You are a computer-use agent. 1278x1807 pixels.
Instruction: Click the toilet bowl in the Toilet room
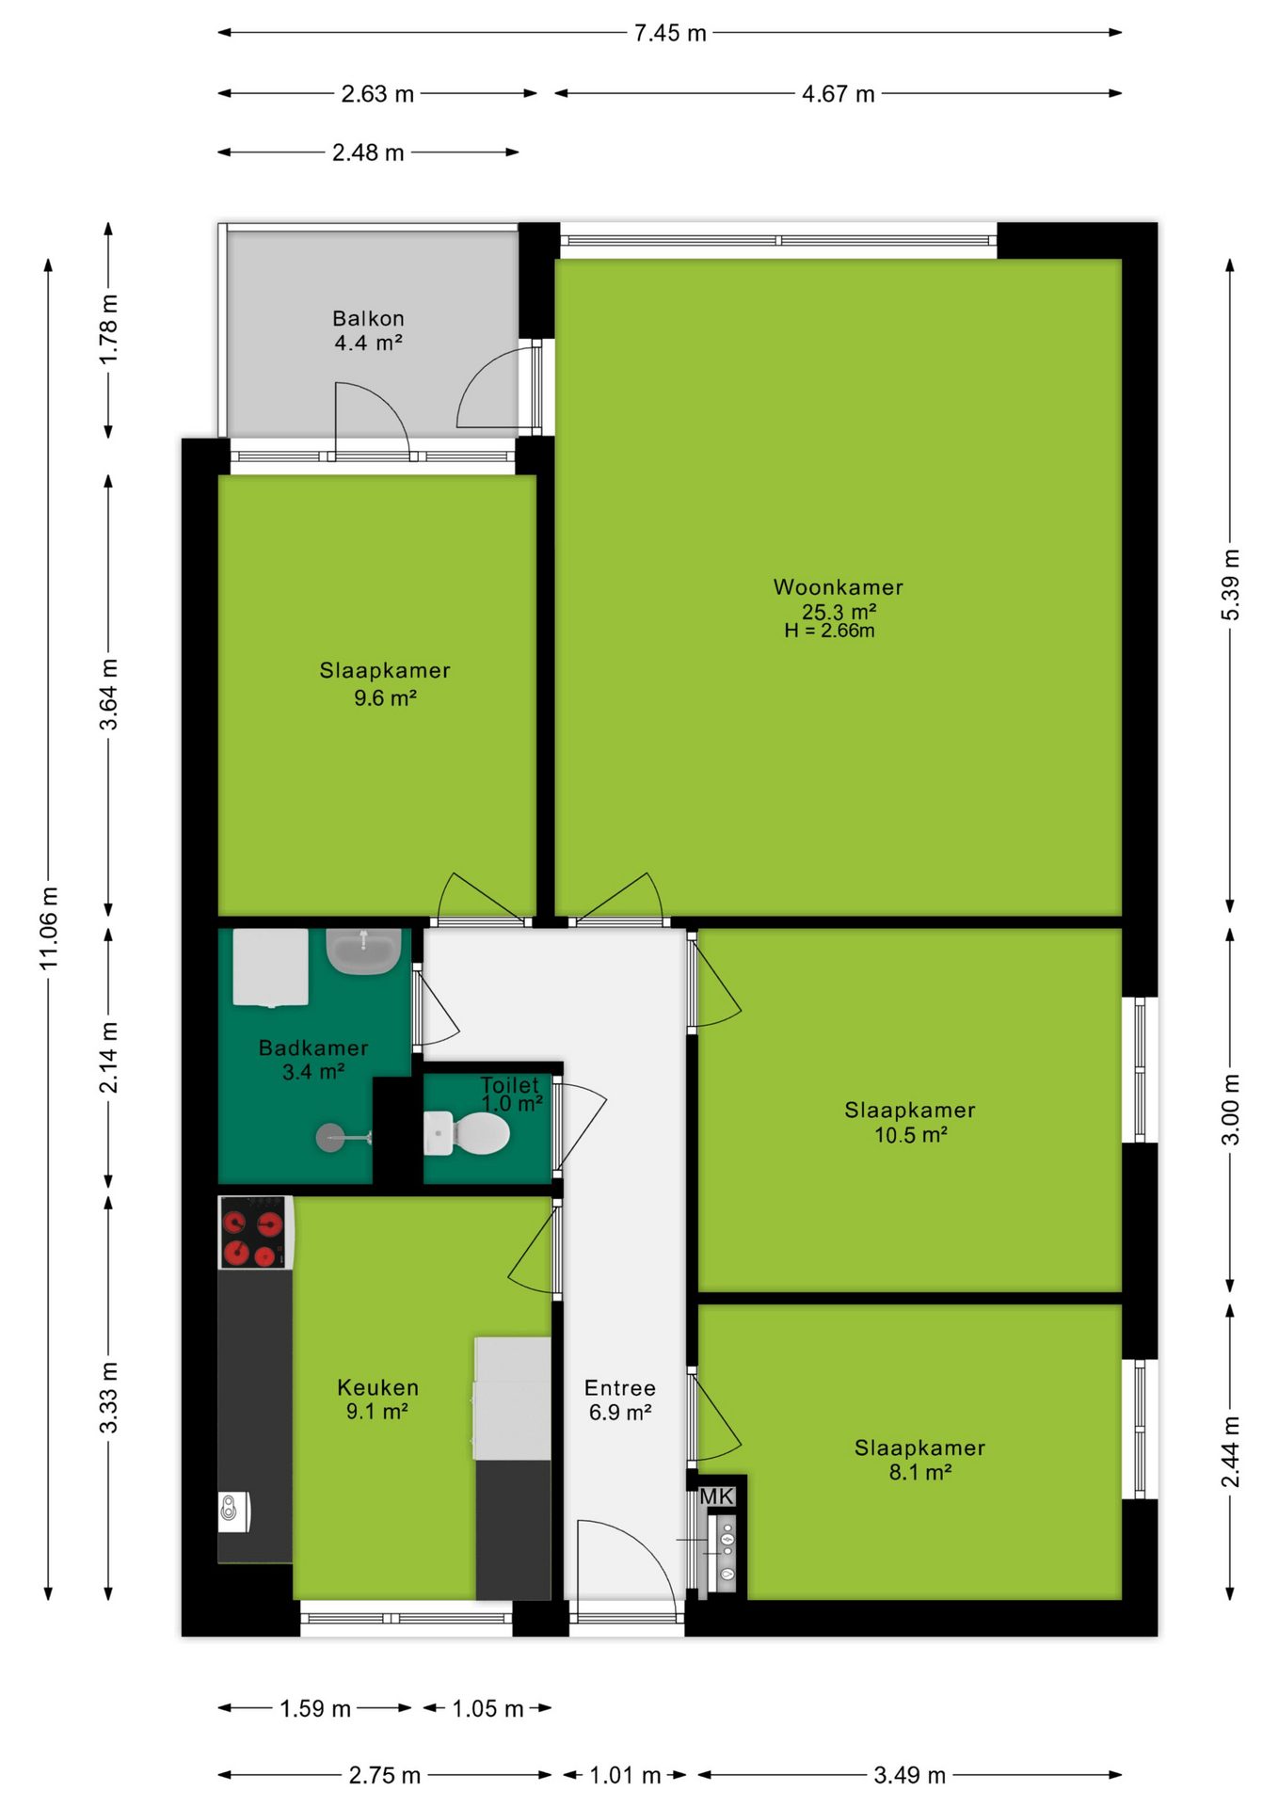click(468, 1133)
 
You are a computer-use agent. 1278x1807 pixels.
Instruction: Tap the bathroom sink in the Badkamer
click(363, 951)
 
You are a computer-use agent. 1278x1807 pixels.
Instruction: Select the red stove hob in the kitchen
click(255, 1233)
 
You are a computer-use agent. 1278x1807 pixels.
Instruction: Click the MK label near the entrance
click(716, 1496)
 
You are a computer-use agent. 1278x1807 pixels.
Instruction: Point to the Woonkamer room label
click(838, 587)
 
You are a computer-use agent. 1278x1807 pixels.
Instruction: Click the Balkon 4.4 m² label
click(369, 330)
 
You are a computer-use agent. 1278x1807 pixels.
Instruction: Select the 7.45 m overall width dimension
click(670, 33)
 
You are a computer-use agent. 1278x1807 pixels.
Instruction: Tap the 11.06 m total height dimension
click(49, 928)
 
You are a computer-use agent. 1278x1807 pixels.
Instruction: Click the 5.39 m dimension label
click(1230, 584)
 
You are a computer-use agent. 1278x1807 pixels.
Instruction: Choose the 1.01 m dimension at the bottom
click(625, 1775)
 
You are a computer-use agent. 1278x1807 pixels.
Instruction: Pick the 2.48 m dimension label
click(368, 152)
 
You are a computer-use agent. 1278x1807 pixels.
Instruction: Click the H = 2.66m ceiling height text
click(829, 631)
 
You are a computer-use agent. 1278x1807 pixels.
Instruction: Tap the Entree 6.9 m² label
click(620, 1399)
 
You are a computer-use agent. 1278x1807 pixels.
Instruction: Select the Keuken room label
click(377, 1387)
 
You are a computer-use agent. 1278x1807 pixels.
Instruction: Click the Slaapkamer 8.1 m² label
click(919, 1460)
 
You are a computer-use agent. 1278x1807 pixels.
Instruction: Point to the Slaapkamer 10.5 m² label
click(910, 1122)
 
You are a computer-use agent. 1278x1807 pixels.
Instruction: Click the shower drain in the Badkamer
click(330, 1138)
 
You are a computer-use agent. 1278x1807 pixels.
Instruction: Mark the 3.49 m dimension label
click(909, 1775)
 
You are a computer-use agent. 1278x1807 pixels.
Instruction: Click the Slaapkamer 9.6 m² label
click(385, 683)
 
